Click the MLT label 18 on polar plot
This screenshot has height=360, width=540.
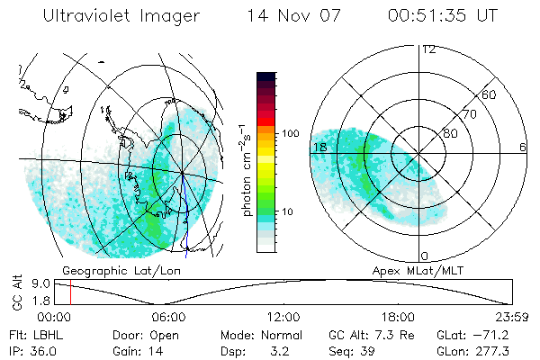click(319, 147)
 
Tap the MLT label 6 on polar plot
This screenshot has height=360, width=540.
click(521, 147)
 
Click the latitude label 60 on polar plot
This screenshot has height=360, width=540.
click(490, 94)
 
